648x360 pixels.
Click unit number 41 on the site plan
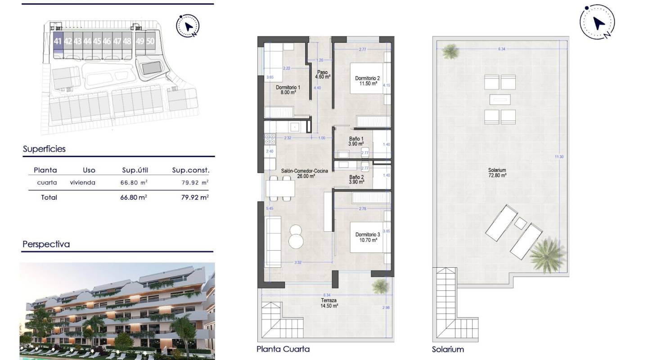tap(58, 41)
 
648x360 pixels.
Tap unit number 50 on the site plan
tap(150, 41)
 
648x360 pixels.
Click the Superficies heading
tap(44, 149)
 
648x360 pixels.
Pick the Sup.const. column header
tap(191, 170)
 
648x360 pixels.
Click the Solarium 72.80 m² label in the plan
tap(497, 173)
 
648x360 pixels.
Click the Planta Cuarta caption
tap(283, 349)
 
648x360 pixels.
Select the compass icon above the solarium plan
tap(597, 22)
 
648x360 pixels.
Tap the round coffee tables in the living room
tap(297, 236)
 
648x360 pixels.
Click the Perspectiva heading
tap(46, 245)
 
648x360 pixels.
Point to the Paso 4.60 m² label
tap(323, 75)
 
